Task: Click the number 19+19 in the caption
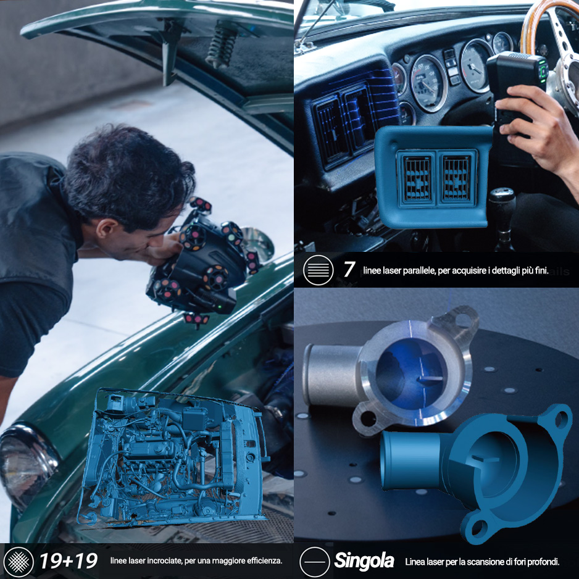(x=69, y=561)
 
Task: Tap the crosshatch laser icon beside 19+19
(x=19, y=561)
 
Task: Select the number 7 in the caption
(x=349, y=269)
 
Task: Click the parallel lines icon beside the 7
(x=318, y=270)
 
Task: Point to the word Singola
(x=364, y=561)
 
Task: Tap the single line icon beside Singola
(x=315, y=562)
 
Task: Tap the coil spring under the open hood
(x=222, y=44)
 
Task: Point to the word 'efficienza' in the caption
(x=265, y=561)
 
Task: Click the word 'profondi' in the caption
(x=543, y=562)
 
